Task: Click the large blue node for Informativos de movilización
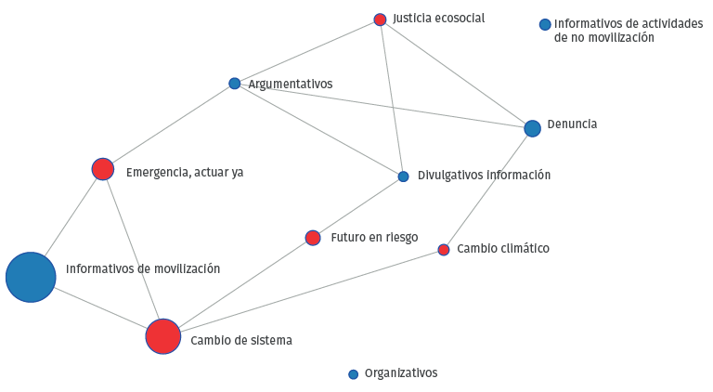[x=31, y=277]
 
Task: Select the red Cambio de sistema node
[x=162, y=336]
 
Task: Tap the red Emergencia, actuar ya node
[x=102, y=169]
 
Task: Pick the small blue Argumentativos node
[x=234, y=84]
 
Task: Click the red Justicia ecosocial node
[x=380, y=20]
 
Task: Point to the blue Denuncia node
[x=532, y=128]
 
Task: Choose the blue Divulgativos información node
[x=403, y=176]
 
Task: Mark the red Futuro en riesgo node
[x=313, y=238]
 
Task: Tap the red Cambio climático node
[x=444, y=250]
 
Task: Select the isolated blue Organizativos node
[x=353, y=374]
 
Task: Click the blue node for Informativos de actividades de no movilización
[x=545, y=24]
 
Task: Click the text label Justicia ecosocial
[x=438, y=19]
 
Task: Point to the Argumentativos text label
[x=290, y=85]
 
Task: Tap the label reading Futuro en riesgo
[x=373, y=238]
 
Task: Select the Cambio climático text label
[x=503, y=249]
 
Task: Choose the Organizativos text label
[x=400, y=373]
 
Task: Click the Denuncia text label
[x=572, y=124]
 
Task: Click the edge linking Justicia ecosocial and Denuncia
[x=456, y=73]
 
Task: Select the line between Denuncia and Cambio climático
[x=487, y=189]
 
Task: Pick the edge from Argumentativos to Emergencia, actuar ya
[x=168, y=126]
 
